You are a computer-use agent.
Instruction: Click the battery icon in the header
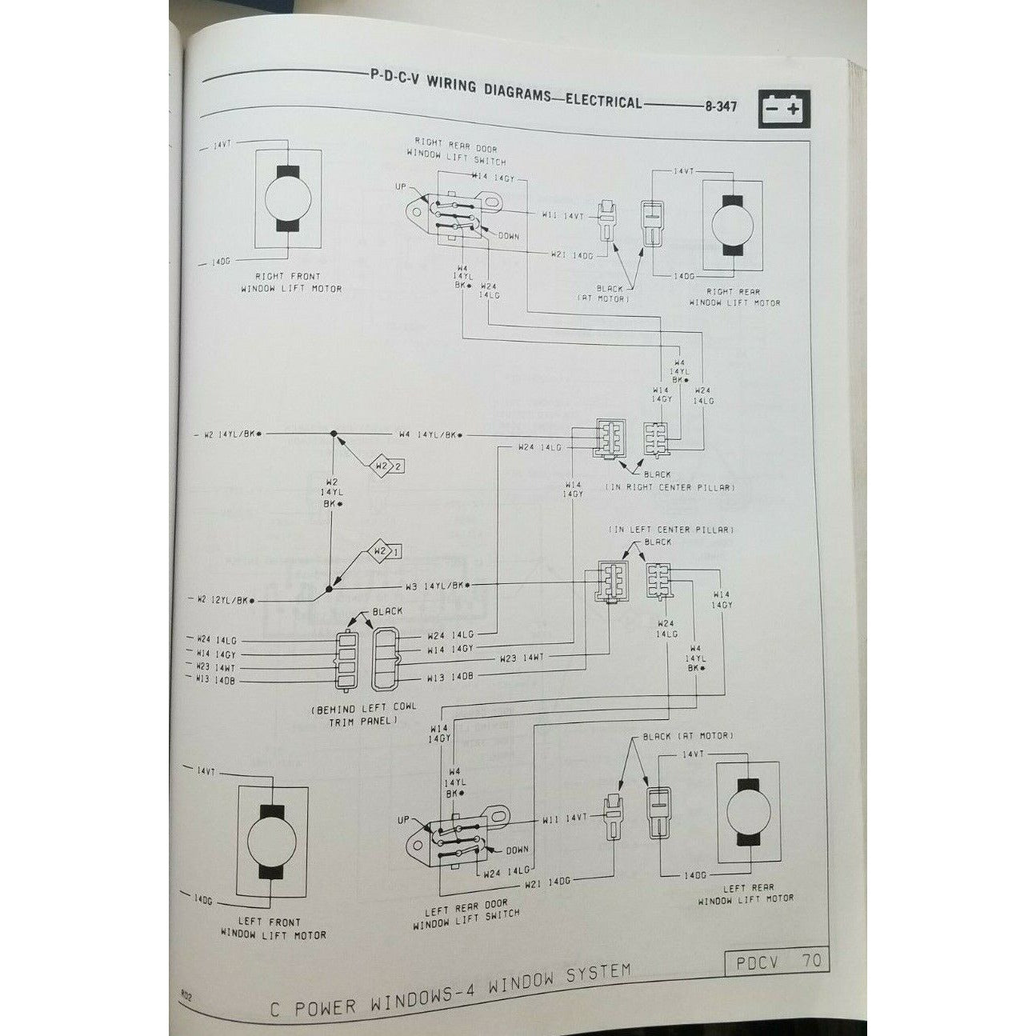[x=783, y=108]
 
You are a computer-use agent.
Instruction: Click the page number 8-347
[x=722, y=107]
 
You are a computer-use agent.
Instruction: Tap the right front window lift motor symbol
[x=287, y=200]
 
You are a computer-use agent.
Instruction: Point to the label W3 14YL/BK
[x=435, y=586]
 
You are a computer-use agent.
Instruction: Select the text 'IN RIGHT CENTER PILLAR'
[x=669, y=486]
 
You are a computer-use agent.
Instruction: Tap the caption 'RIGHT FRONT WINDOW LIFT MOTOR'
[x=293, y=282]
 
